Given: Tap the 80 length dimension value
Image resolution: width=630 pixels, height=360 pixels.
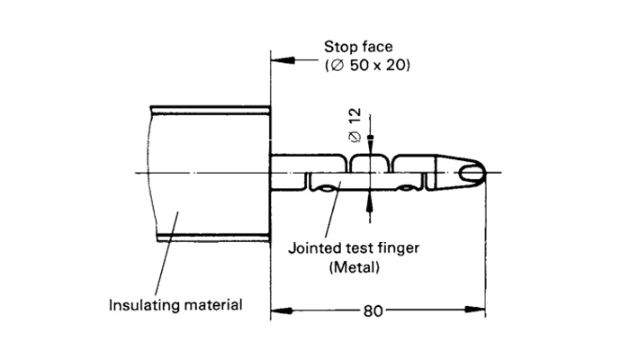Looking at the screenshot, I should click(x=371, y=311).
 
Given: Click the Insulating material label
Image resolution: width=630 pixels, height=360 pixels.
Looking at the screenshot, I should click(x=175, y=304).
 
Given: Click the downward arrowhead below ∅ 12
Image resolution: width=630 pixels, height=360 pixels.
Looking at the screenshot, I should click(x=368, y=148).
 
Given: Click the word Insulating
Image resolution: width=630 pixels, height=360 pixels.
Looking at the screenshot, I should click(x=139, y=304).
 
